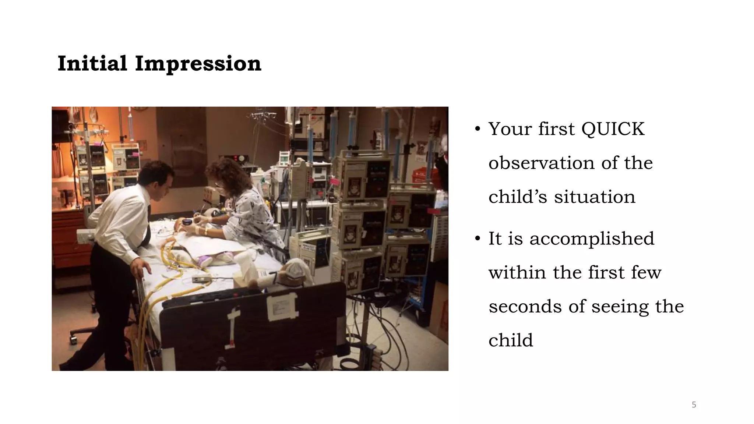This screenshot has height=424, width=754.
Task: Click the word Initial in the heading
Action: [92, 64]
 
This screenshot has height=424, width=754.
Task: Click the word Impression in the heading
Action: [198, 64]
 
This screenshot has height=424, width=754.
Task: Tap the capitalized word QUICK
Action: [613, 129]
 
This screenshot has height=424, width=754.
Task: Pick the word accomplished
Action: [592, 239]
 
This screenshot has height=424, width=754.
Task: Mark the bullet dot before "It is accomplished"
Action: [478, 239]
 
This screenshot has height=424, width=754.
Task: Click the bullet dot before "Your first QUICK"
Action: [478, 129]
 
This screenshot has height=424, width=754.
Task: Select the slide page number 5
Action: [694, 405]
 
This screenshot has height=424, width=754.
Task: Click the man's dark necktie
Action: [148, 228]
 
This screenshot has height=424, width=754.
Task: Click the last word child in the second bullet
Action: [511, 340]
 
